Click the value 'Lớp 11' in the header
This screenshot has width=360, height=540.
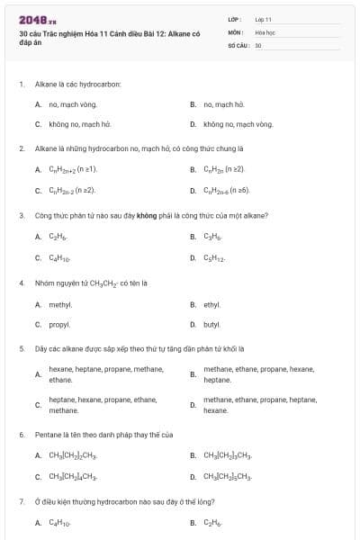click(x=264, y=19)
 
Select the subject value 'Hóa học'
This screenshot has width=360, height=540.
click(x=265, y=31)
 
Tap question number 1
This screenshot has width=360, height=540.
click(x=22, y=84)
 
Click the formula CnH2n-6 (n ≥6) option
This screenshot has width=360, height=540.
click(x=227, y=191)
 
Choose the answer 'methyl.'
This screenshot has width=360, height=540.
click(x=60, y=305)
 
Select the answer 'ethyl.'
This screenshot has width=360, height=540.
click(x=212, y=305)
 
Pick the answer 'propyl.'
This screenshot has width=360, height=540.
click(x=60, y=324)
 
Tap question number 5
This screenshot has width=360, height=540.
click(x=22, y=347)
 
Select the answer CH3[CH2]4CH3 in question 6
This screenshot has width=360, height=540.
click(x=72, y=476)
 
